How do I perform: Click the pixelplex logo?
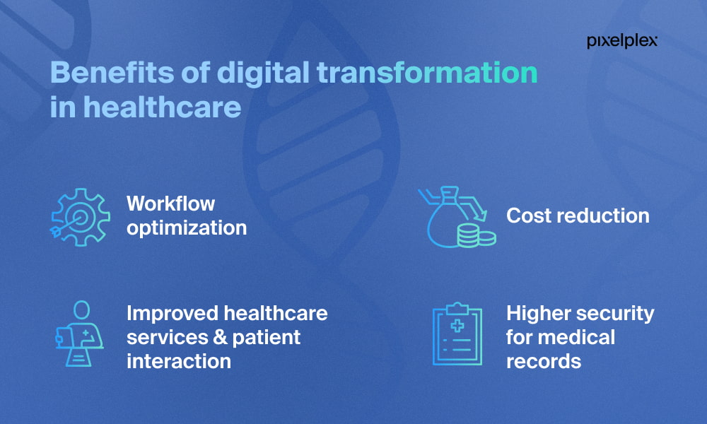(x=621, y=41)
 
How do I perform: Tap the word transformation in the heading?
(x=428, y=72)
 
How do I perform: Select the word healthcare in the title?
(x=163, y=107)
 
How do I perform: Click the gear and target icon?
(x=81, y=217)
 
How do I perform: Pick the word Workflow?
(x=170, y=204)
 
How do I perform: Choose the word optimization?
(x=187, y=228)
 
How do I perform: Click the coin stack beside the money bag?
(x=476, y=235)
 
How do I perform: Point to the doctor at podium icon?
(x=80, y=334)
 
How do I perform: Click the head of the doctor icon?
(x=81, y=310)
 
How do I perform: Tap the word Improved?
(x=173, y=314)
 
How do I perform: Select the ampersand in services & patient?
(x=221, y=338)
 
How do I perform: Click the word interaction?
(x=179, y=361)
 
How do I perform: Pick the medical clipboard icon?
(x=457, y=334)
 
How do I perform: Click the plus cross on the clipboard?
(x=457, y=325)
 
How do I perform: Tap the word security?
(x=615, y=314)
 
